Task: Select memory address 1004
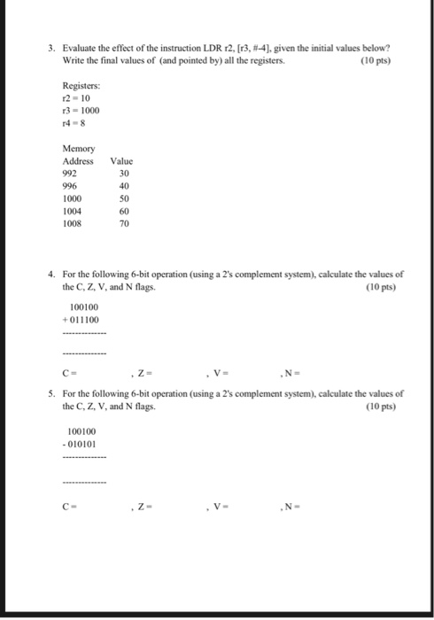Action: pos(72,212)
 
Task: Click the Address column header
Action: pos(78,162)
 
